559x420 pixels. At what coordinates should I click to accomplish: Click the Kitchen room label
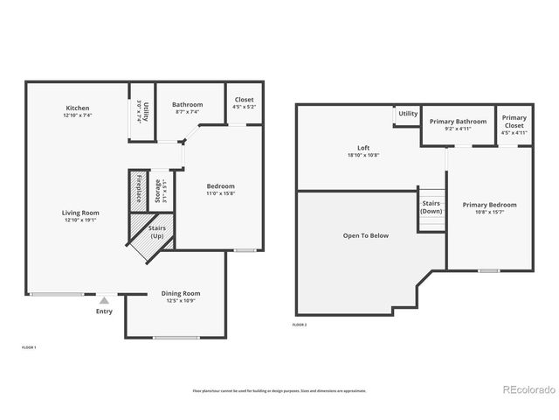pyautogui.click(x=77, y=108)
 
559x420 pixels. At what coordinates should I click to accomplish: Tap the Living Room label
pyautogui.click(x=80, y=213)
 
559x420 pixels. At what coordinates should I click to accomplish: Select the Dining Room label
pyautogui.click(x=181, y=293)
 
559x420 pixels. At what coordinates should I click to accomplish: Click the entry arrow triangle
pyautogui.click(x=104, y=300)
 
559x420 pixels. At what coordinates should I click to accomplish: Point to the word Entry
pyautogui.click(x=104, y=311)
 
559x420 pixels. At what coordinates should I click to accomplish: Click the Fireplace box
pyautogui.click(x=138, y=190)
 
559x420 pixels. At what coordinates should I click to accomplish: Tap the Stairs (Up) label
pyautogui.click(x=158, y=233)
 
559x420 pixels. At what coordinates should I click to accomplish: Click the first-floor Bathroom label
pyautogui.click(x=187, y=104)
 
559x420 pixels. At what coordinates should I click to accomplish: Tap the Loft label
pyautogui.click(x=363, y=147)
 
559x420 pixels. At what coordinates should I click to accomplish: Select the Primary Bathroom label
pyautogui.click(x=459, y=121)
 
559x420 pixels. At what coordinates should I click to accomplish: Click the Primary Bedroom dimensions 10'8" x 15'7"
pyautogui.click(x=489, y=213)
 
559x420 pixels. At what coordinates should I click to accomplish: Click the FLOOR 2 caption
pyautogui.click(x=300, y=325)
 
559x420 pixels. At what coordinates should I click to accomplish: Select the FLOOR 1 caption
pyautogui.click(x=28, y=347)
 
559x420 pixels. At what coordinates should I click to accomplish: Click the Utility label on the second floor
pyautogui.click(x=408, y=114)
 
